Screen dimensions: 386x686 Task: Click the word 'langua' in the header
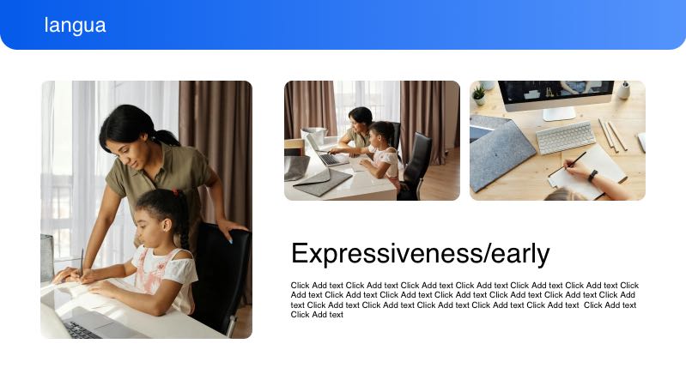76,26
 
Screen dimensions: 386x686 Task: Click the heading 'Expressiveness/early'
420,254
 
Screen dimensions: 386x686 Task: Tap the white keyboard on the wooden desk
565,137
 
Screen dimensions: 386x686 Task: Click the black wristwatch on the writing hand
592,175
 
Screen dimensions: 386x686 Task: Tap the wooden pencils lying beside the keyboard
612,135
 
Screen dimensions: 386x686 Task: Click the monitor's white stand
558,112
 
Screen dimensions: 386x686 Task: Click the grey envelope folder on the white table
324,181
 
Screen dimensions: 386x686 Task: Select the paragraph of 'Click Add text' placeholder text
464,299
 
